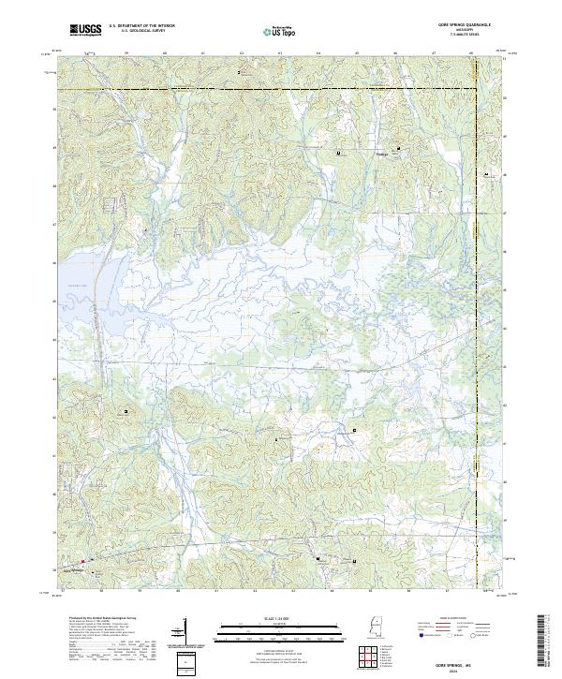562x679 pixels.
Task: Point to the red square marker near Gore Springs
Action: coord(81,562)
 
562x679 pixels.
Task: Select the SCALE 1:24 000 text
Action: coord(280,618)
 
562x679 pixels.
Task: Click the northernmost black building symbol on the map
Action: coord(238,71)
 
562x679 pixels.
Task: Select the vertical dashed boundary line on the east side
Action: coord(475,328)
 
